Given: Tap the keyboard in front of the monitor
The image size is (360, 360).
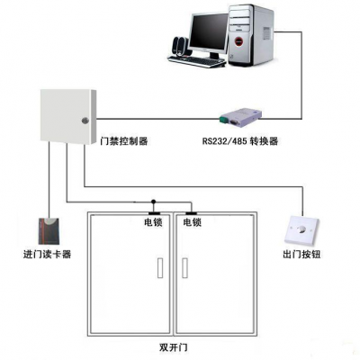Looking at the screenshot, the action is point(197,61).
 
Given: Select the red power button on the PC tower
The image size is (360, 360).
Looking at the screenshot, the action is point(238,40).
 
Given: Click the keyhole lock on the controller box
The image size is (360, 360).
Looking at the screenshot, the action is point(85,121).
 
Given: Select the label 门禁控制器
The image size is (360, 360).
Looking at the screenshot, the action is point(124,140).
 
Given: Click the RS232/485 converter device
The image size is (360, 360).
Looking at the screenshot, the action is point(241,117).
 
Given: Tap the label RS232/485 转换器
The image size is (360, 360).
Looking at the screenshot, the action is point(240,141).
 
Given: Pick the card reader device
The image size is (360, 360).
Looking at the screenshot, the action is point(49,230).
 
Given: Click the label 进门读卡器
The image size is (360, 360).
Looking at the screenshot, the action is point(47,255).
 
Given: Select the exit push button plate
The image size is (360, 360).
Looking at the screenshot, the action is point(301,229).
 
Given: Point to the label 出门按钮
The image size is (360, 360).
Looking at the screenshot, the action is point(301,255).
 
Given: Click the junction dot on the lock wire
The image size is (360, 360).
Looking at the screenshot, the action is point(153,202).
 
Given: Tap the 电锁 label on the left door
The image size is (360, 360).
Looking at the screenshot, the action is point(153,222).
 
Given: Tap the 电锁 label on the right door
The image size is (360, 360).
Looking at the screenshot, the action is point(193,222).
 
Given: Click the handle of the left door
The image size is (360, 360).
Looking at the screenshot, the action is point(160,268).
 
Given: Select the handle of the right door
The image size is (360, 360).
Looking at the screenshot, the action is point(184,268).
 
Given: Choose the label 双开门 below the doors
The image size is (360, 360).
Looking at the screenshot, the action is point(174,347).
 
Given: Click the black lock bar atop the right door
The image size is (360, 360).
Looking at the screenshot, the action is point(191,213).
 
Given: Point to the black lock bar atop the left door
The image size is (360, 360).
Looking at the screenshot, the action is point(154,213).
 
